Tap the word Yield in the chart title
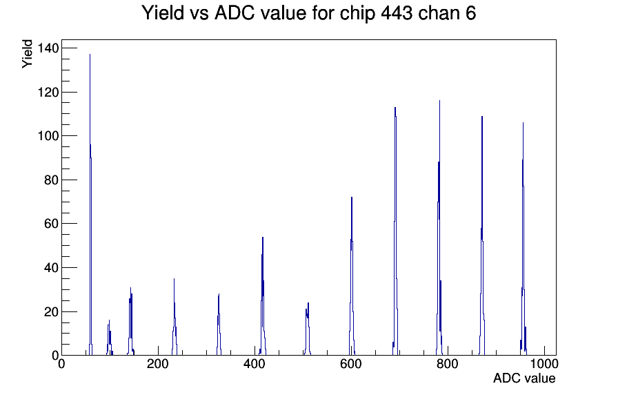tap(163, 12)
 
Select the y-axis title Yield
tap(27, 54)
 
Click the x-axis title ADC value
tap(524, 378)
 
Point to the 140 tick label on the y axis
tap(48, 48)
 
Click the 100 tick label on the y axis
tap(48, 136)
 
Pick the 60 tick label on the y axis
tap(50, 224)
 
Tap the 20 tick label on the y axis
tap(50, 311)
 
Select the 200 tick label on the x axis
tap(158, 364)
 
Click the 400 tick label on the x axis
tap(255, 364)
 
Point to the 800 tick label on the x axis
tap(448, 364)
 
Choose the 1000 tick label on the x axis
tap(544, 364)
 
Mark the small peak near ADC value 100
tap(110, 338)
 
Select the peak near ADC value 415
tap(263, 296)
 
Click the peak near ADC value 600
tap(352, 276)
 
